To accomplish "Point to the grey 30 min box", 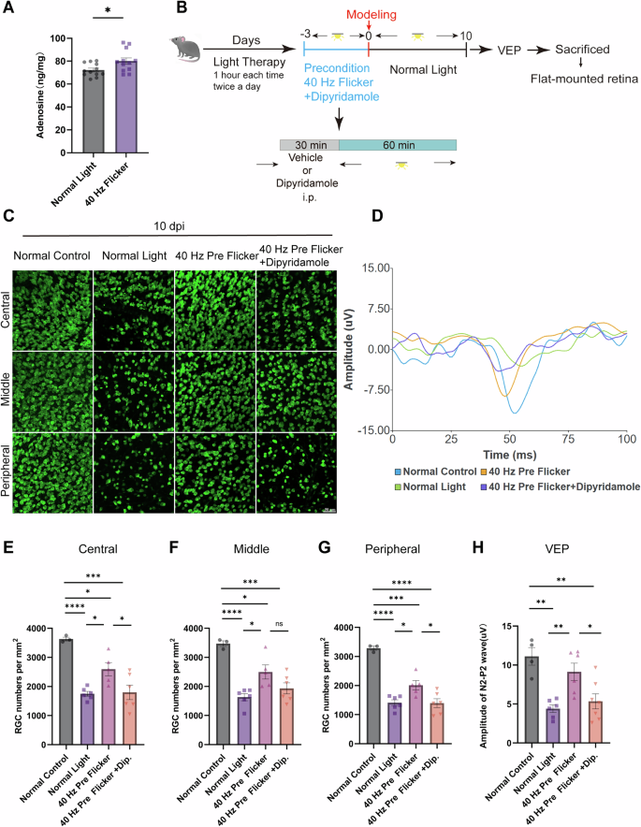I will point(309,145).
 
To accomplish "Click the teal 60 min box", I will point(397,145).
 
